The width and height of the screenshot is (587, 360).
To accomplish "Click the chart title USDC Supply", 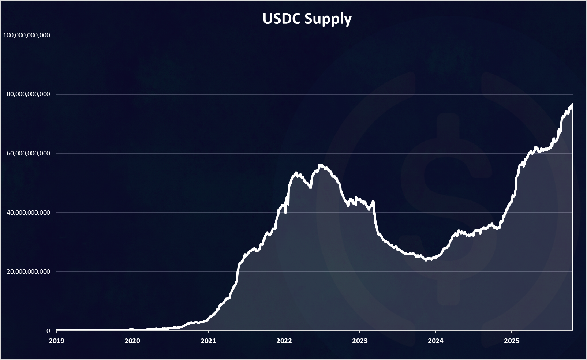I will click(307, 19).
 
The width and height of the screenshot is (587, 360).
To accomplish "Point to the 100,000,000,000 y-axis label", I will click(26, 35).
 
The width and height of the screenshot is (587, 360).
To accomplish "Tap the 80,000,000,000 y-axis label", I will click(28, 94).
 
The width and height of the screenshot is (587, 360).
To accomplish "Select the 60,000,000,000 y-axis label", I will click(28, 153).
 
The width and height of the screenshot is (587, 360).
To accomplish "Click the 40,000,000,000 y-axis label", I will click(28, 213).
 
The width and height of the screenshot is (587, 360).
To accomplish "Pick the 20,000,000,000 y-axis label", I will click(28, 272).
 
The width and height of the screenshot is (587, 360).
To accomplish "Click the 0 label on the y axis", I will click(48, 331).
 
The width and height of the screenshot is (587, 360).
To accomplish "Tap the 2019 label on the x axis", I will click(56, 341).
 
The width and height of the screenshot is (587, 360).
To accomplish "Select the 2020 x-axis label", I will click(132, 341).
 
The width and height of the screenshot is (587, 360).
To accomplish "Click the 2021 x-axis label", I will click(208, 341).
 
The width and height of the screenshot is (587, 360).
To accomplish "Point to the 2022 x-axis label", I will click(284, 341).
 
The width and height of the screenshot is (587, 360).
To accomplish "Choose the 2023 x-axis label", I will click(360, 341).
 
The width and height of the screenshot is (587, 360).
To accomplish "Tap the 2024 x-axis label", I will click(435, 341).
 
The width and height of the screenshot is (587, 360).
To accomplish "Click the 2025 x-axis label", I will click(511, 341).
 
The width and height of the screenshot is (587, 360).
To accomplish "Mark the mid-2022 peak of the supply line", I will click(321, 165).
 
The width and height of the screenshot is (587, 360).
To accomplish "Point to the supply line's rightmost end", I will click(572, 104).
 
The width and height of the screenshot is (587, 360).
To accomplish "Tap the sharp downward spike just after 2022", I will click(285, 213).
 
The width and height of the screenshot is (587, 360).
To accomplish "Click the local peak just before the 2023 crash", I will click(373, 201).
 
